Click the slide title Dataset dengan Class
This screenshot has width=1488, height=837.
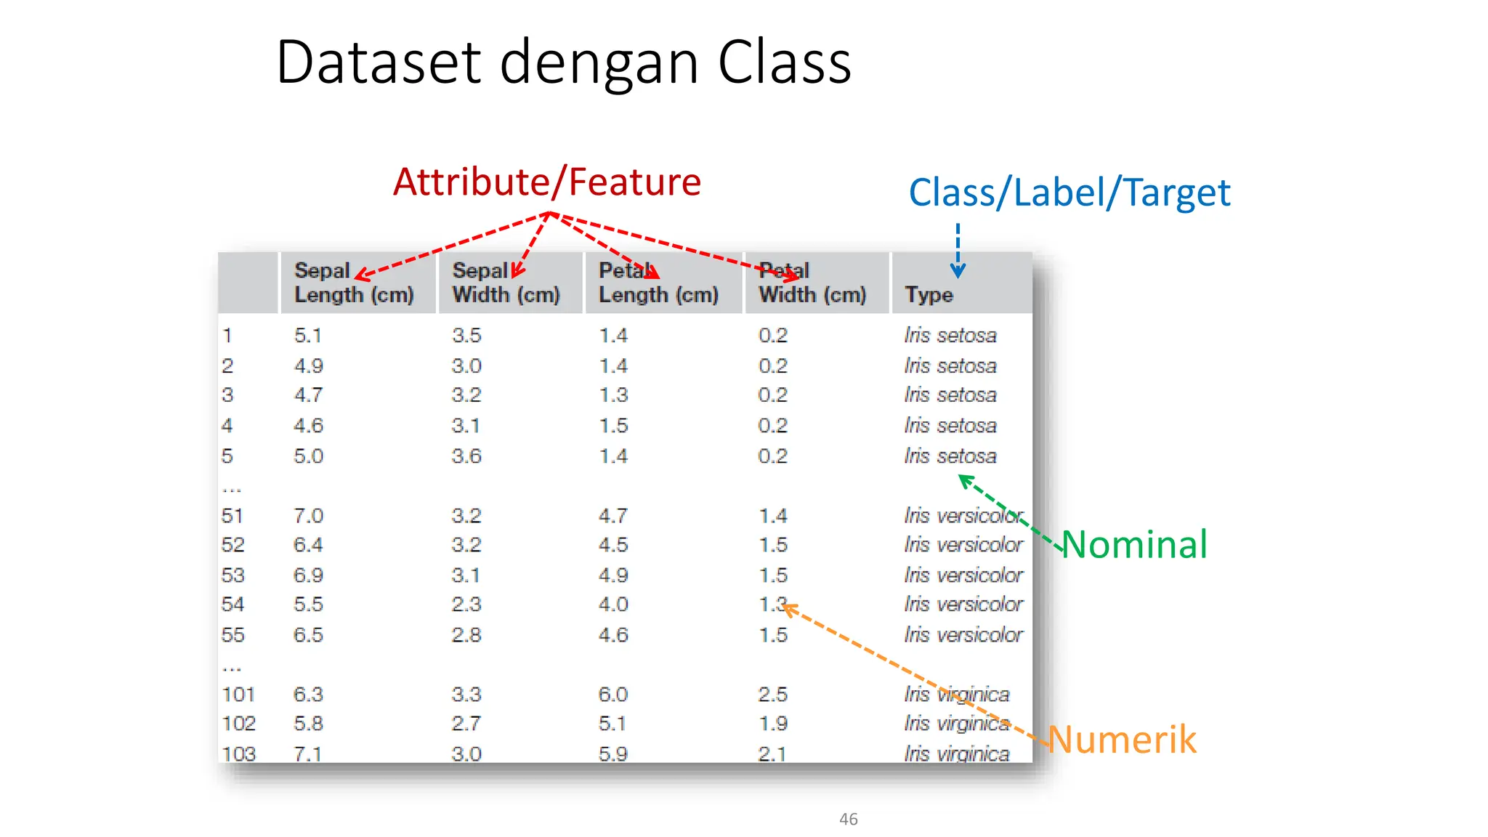pos(563,62)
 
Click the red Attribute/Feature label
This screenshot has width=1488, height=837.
pos(546,182)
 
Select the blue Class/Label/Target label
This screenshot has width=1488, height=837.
pos(1069,193)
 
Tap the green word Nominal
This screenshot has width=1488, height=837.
pos(1134,544)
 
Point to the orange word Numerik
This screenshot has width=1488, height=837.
pos(1122,739)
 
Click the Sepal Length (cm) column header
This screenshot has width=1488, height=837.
pos(354,283)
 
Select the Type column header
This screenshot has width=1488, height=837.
pos(929,294)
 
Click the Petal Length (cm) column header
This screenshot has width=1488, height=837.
pos(658,283)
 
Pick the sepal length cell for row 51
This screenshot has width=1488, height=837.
pos(308,516)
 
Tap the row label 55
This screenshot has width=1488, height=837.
pos(233,634)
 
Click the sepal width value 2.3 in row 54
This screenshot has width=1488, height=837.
pos(466,604)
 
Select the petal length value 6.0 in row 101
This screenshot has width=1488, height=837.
pos(612,694)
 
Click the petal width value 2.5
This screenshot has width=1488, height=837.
pos(772,694)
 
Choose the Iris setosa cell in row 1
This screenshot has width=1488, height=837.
pos(950,336)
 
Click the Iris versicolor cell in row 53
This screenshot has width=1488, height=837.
pos(963,575)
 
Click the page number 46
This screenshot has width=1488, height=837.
pos(848,819)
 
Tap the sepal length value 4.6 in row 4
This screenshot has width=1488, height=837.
pos(308,426)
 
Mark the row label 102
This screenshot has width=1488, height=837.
pos(238,724)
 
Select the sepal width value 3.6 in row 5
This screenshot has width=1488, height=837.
pos(466,456)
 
